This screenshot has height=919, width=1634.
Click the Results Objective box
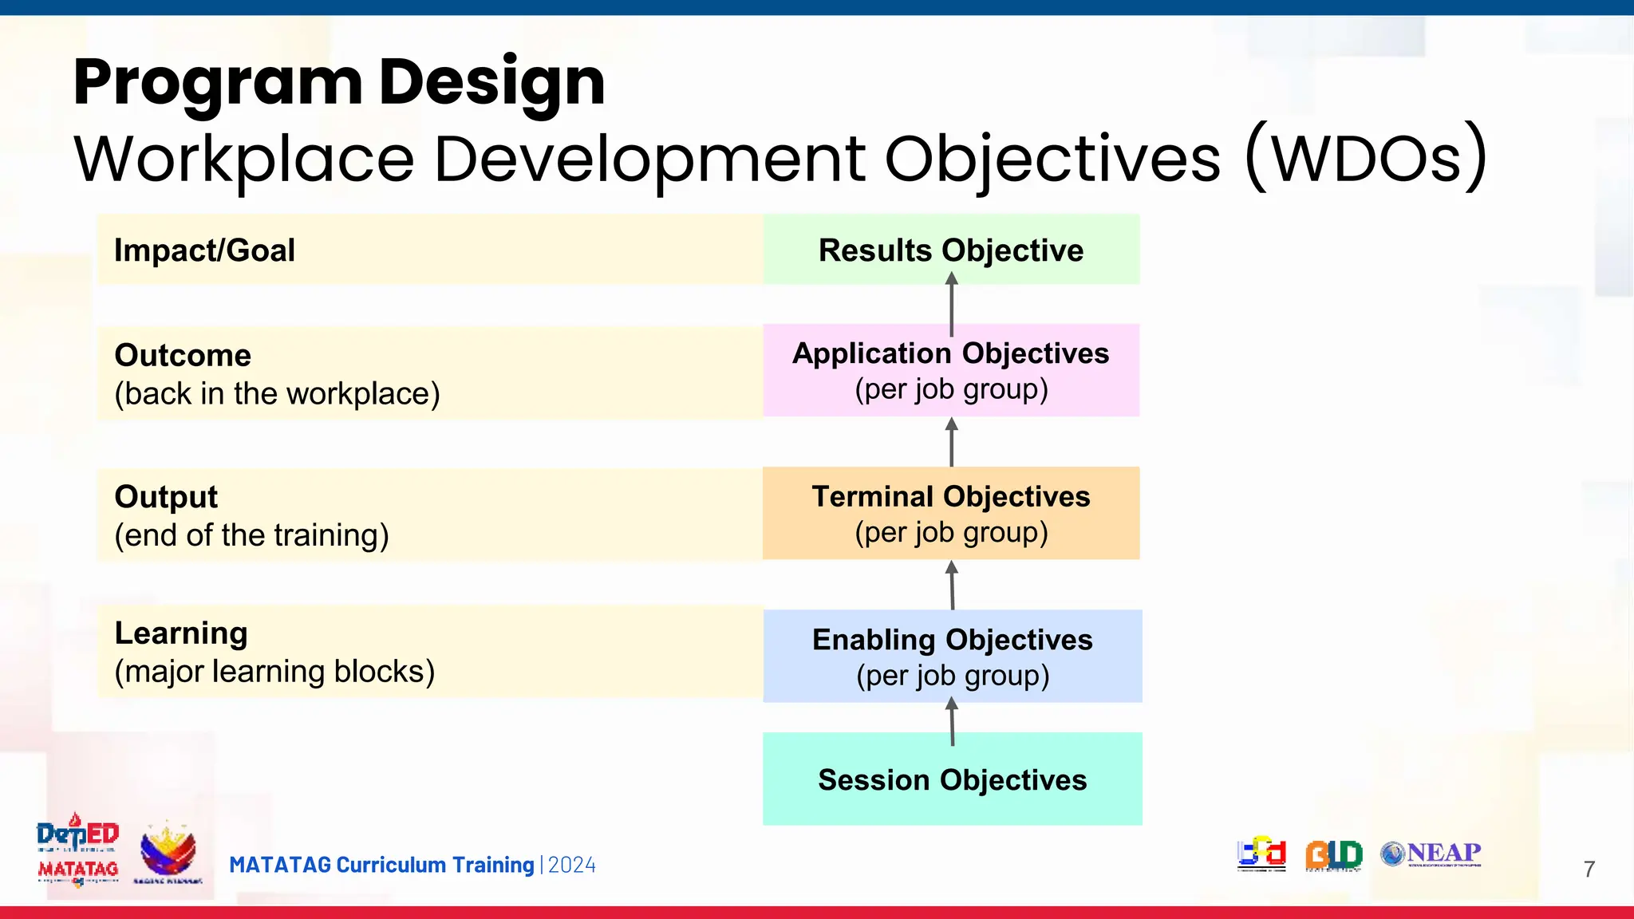pos(951,250)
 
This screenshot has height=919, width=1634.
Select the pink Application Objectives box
pos(951,370)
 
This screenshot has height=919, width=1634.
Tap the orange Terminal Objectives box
pos(951,513)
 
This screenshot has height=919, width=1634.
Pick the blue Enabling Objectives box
pos(952,657)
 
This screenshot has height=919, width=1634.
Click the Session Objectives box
pos(952,779)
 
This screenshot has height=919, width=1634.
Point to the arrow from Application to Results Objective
pos(951,304)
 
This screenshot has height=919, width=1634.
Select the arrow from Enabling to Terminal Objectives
pos(952,585)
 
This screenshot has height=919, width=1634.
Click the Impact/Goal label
pos(204,250)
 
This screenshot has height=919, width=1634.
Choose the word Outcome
pos(183,355)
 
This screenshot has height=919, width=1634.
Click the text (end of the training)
pos(251,535)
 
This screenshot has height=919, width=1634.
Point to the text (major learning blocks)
pos(274,672)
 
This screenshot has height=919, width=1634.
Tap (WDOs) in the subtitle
pos(1365,157)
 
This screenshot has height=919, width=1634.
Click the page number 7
pos(1589,869)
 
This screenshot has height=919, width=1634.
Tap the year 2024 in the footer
pos(572,866)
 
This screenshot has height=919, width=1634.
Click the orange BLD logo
pos(1333,854)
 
